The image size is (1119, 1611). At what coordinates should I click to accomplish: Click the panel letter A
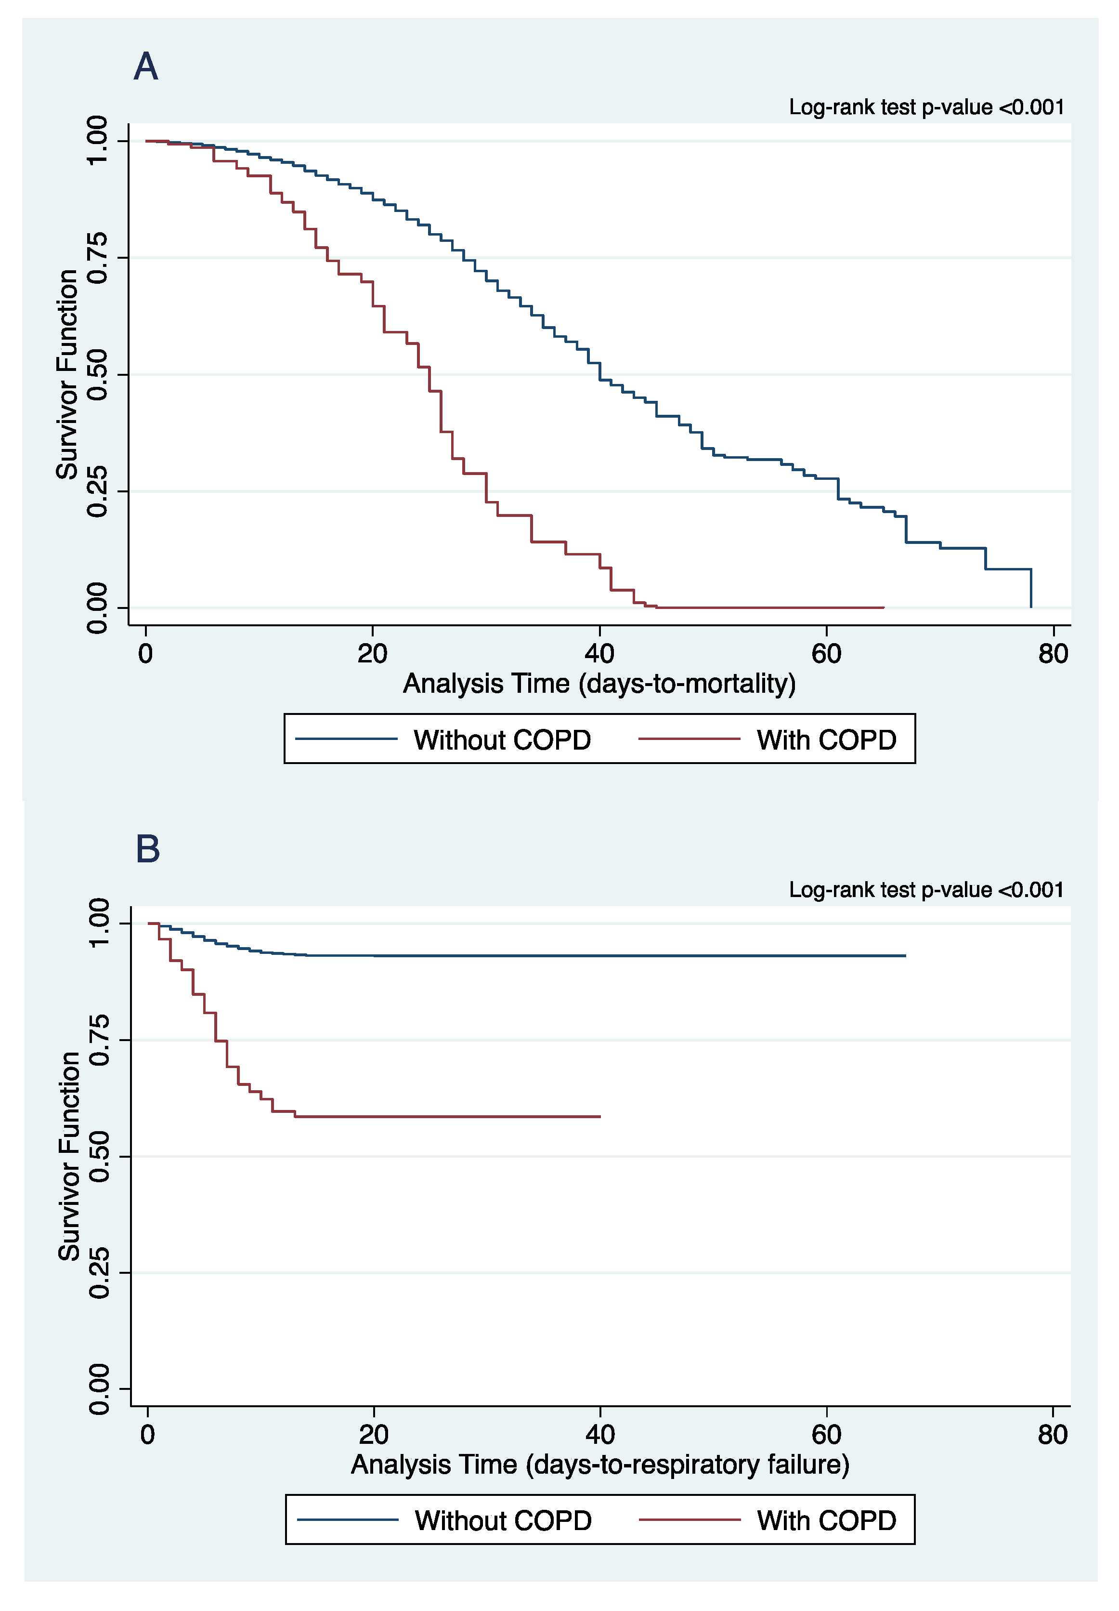pos(146,66)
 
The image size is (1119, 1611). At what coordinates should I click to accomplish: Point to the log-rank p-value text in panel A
pos(926,107)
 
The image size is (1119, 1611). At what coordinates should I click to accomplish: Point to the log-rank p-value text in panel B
pos(926,889)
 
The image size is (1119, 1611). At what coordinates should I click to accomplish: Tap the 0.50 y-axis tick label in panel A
pos(97,374)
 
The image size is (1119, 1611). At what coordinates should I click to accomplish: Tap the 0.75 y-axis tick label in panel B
pos(100,1040)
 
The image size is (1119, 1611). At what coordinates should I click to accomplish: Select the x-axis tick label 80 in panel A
pos(1053,654)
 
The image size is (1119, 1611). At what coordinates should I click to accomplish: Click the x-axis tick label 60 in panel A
pos(827,654)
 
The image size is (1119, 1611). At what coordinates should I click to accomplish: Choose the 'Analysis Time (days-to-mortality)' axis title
pos(599,684)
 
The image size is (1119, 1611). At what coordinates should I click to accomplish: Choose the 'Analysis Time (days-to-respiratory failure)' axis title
pos(600,1465)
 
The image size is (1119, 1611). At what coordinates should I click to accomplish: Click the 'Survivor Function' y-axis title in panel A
pos(67,374)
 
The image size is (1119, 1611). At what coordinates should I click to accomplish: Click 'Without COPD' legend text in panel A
pos(502,740)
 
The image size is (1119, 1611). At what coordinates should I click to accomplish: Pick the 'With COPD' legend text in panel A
pos(827,740)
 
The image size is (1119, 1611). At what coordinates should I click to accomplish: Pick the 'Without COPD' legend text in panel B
pos(504,1520)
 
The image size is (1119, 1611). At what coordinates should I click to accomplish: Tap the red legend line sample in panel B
pos(690,1520)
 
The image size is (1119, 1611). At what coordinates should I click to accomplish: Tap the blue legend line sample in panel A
pos(346,739)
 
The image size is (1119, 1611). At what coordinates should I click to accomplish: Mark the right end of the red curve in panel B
pos(600,1117)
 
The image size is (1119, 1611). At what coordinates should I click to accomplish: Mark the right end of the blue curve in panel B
pos(905,956)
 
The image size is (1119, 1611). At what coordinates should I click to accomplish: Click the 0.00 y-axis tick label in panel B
pos(100,1389)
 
